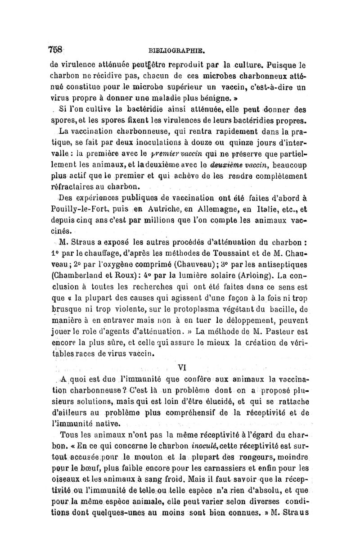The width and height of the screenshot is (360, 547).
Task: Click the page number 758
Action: pos(57,50)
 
